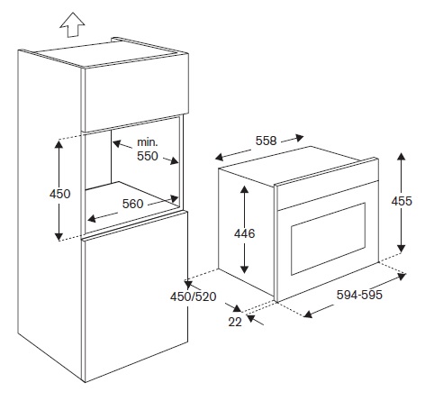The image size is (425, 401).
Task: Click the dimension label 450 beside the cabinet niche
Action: pyautogui.click(x=60, y=194)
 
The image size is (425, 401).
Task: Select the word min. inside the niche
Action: pyautogui.click(x=147, y=142)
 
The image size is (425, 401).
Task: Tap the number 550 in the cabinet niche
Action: pyautogui.click(x=148, y=156)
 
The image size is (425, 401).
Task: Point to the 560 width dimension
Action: pyautogui.click(x=132, y=205)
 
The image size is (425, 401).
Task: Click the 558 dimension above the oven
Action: pyautogui.click(x=266, y=141)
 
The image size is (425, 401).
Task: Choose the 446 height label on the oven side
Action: pyautogui.click(x=245, y=233)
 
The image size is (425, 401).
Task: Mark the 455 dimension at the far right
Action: pyautogui.click(x=402, y=201)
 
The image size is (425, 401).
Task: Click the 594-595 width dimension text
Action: pyautogui.click(x=359, y=295)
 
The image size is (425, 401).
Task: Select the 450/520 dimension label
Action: pyautogui.click(x=194, y=296)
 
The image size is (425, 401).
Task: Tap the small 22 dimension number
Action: pyautogui.click(x=235, y=322)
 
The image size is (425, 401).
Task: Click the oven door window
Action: pyautogui.click(x=328, y=239)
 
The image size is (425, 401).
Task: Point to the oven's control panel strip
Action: pyautogui.click(x=327, y=195)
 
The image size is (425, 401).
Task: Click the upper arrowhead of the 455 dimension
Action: pyautogui.click(x=402, y=157)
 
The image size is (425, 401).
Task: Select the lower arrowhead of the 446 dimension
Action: pyautogui.click(x=245, y=269)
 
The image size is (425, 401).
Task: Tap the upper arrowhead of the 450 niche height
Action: pyautogui.click(x=59, y=144)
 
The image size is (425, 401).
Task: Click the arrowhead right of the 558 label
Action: pyautogui.click(x=299, y=138)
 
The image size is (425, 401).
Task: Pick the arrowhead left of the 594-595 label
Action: pyautogui.click(x=308, y=314)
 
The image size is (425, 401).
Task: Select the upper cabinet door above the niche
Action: pyautogui.click(x=136, y=92)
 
